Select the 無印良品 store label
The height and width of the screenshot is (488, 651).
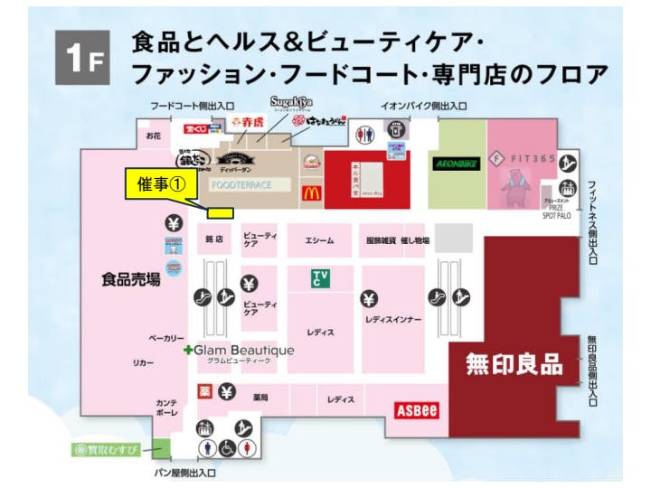(x=514, y=364)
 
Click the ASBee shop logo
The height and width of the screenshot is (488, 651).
(x=417, y=410)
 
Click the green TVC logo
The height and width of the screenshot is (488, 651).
(x=321, y=277)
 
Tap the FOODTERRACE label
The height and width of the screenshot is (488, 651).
(x=241, y=184)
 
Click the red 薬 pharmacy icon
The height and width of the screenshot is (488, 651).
(x=204, y=391)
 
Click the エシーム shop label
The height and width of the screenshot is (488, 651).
(x=319, y=239)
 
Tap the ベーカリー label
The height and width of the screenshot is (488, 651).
(x=167, y=337)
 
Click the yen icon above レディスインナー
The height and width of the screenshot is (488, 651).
(x=368, y=299)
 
